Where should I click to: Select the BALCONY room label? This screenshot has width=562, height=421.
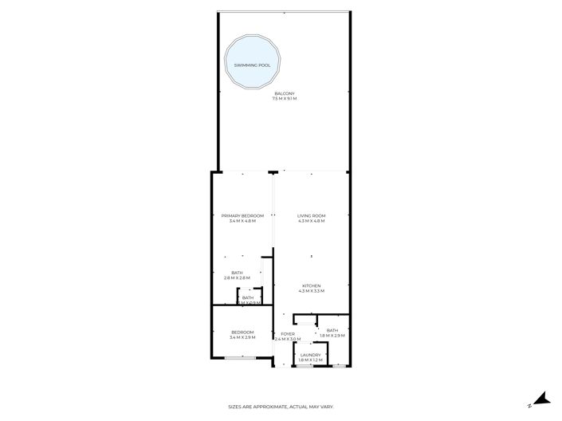[x=285, y=94]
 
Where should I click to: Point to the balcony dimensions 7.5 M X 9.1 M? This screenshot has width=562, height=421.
[x=285, y=99]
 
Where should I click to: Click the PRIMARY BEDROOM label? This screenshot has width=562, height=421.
[x=242, y=215]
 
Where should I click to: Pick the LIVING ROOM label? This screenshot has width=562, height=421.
[x=312, y=215]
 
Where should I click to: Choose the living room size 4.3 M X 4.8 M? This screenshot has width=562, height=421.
[x=312, y=221]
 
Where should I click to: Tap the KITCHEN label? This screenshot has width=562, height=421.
[x=312, y=285]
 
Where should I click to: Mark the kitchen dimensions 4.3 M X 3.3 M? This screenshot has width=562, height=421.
[x=312, y=291]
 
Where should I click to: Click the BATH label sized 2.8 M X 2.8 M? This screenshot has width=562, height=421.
[x=237, y=273]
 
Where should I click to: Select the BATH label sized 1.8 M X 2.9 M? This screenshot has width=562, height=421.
[x=332, y=330]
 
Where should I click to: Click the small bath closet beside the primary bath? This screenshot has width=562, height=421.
[x=249, y=299]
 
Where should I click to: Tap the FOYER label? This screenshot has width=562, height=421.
[x=287, y=334]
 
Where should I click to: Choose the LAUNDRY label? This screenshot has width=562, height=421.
[x=311, y=355]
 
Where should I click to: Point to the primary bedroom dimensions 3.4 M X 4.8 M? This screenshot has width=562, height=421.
[x=242, y=221]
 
